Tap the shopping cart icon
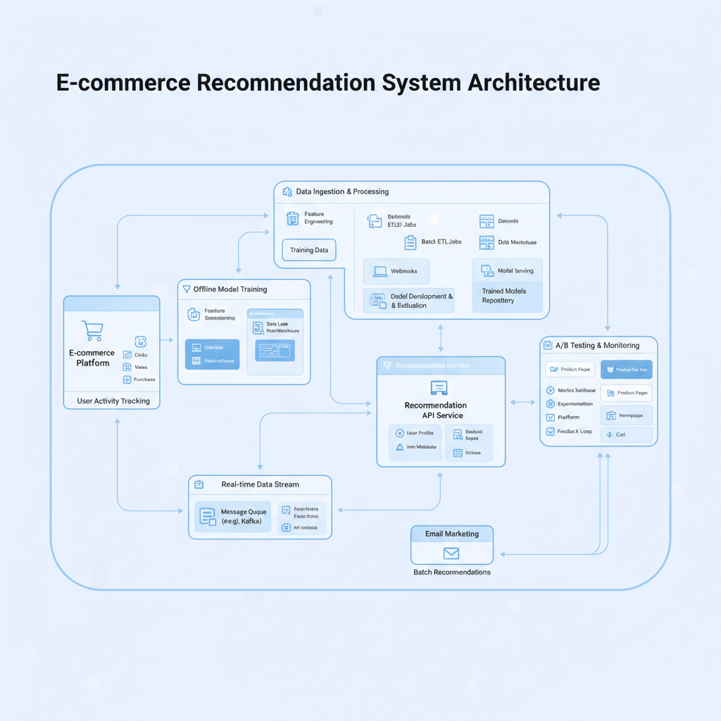[92, 331]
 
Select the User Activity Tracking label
[113, 401]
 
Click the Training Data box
[308, 250]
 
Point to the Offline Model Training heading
[230, 289]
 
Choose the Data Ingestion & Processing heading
[342, 192]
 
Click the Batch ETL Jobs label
[441, 242]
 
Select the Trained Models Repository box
[507, 296]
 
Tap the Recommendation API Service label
[434, 410]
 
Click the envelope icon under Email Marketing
[451, 553]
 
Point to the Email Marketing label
[451, 534]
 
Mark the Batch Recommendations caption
[451, 572]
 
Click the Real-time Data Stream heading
[260, 484]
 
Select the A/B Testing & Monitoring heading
[597, 346]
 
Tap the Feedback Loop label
[575, 431]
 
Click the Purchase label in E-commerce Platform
[144, 380]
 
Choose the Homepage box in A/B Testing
[626, 415]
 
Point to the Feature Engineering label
[318, 218]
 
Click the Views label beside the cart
[141, 367]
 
